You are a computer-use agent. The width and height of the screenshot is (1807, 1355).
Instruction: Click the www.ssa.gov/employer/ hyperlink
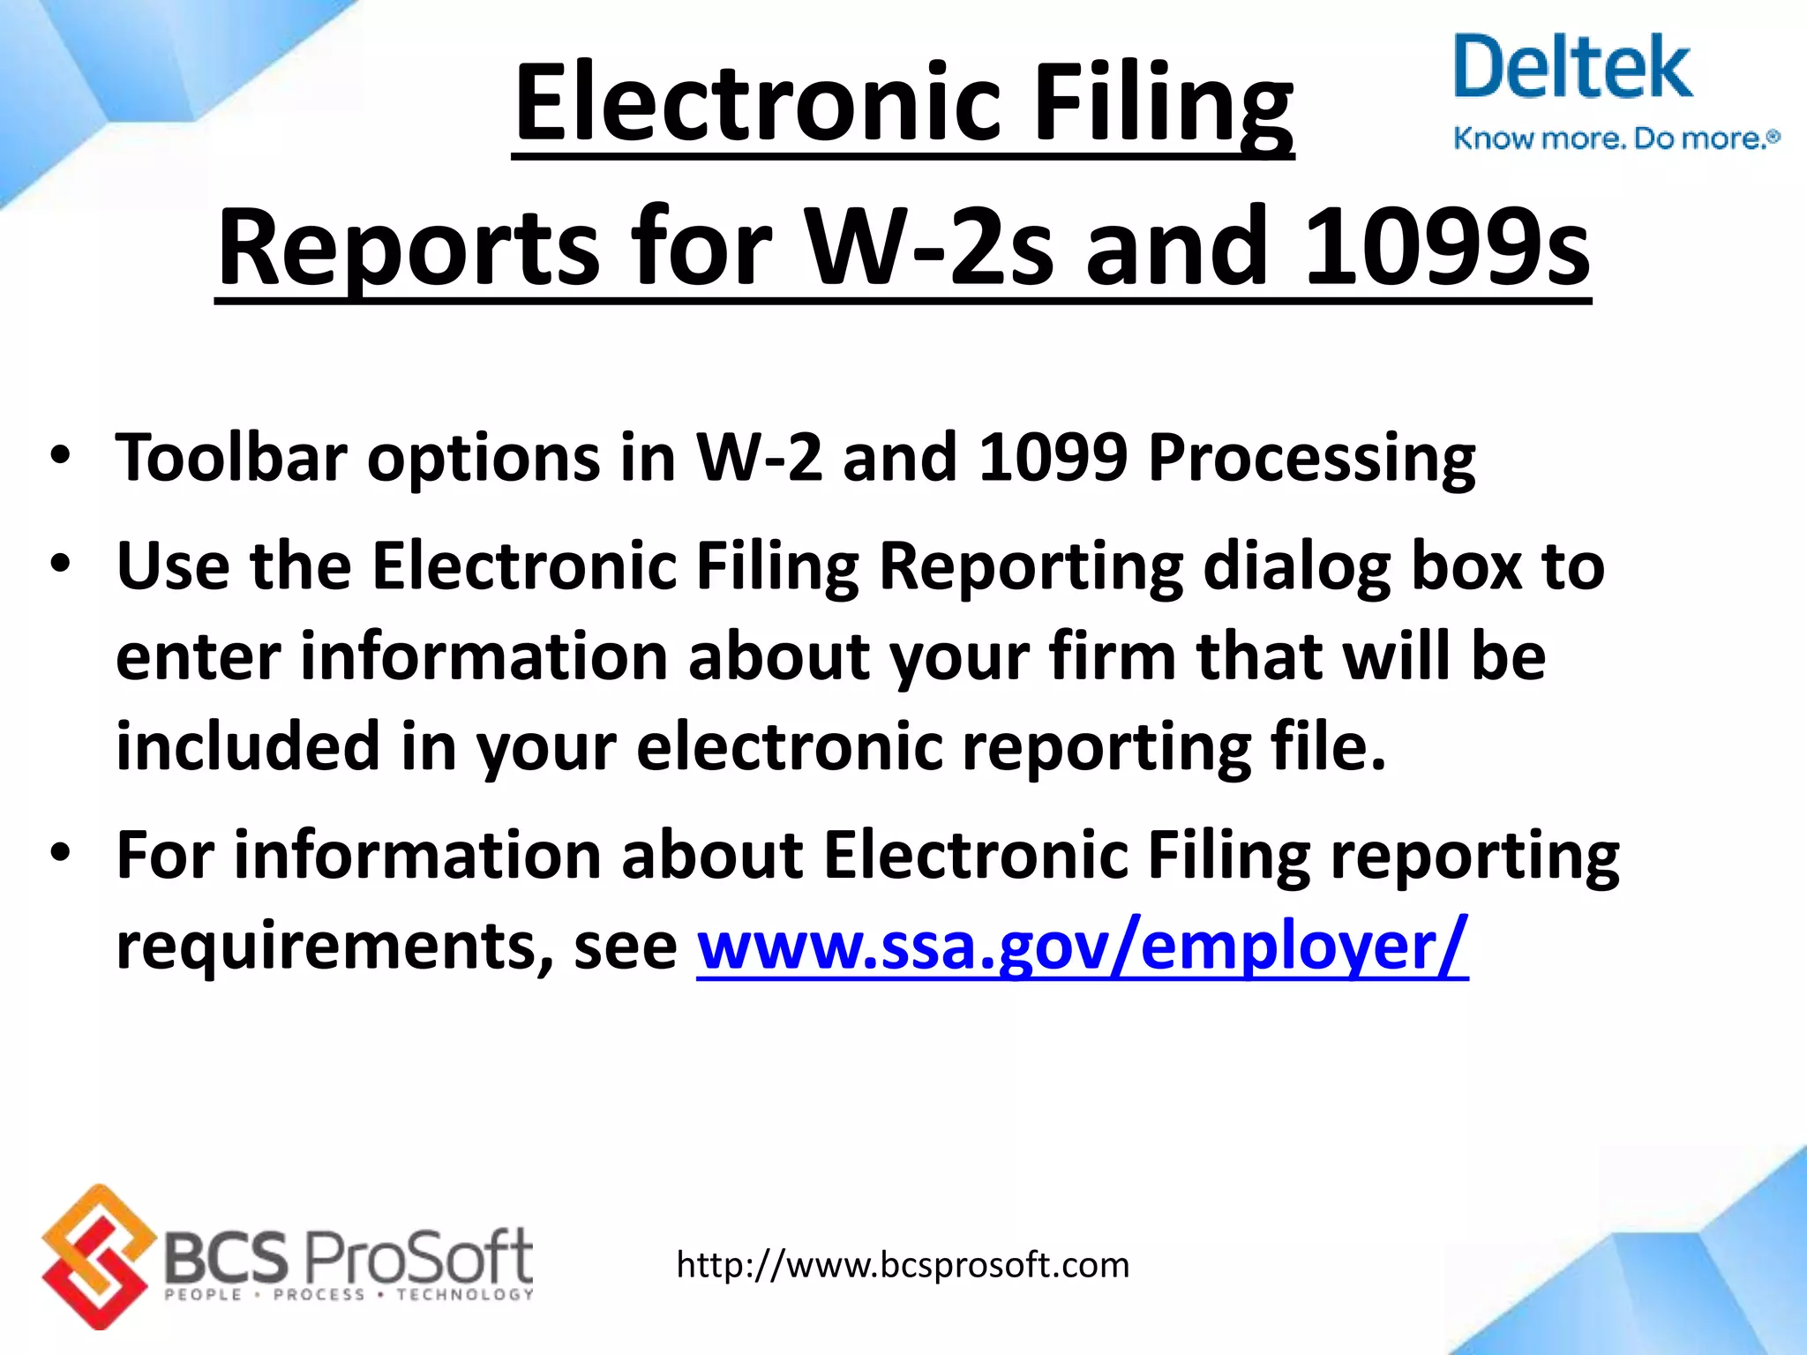click(x=1083, y=946)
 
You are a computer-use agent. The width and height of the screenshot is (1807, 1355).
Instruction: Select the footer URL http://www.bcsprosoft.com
click(x=903, y=1265)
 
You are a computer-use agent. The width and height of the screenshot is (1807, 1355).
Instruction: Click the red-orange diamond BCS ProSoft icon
click(x=94, y=1256)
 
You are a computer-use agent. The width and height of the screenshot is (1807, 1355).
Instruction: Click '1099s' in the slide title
click(x=1447, y=247)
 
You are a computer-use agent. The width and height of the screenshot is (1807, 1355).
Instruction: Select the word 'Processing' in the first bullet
click(x=1312, y=459)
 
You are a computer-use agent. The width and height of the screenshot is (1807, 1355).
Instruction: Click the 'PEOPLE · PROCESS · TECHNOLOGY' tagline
click(x=349, y=1295)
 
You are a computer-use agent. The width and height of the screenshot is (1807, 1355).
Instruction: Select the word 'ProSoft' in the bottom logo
click(x=418, y=1256)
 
